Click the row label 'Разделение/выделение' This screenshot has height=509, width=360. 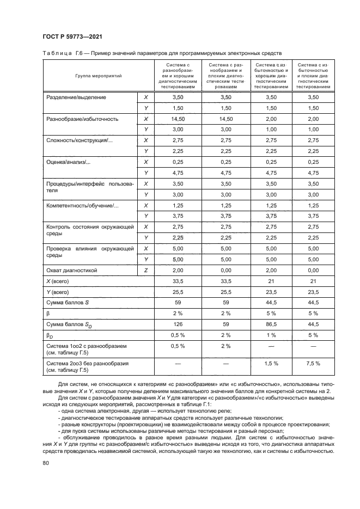point(76,97)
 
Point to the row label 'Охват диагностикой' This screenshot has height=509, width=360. point(71,270)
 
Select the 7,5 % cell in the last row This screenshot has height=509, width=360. point(313,363)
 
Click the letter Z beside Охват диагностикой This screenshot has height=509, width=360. point(145,270)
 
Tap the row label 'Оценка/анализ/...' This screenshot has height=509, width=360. point(69,162)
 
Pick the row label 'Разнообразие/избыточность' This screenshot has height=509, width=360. point(82,119)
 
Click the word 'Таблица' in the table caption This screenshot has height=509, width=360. point(57,53)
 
